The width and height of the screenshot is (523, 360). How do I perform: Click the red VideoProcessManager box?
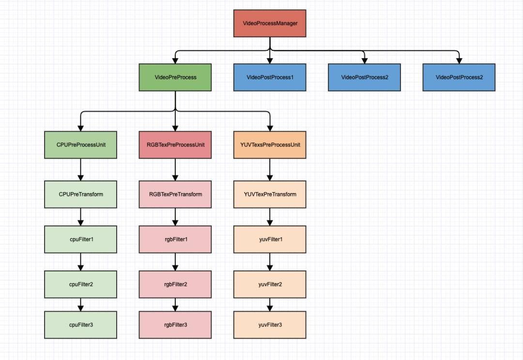270,23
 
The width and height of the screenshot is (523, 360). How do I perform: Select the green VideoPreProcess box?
175,77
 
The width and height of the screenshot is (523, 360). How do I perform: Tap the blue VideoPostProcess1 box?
270,77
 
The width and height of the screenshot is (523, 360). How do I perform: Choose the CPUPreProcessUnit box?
81,145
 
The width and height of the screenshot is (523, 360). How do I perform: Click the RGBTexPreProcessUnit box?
175,145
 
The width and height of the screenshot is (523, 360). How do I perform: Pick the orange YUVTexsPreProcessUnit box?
270,145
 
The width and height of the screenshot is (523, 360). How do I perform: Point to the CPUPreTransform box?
81,195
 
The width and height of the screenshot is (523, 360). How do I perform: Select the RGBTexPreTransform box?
175,195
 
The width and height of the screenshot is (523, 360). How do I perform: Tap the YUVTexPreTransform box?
270,195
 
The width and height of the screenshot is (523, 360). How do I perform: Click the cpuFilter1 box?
81,239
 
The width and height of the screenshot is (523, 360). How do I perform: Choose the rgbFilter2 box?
175,284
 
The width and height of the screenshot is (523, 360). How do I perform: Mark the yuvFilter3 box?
270,325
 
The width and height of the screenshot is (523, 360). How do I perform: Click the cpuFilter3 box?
81,325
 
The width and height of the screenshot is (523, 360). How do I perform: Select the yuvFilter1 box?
270,239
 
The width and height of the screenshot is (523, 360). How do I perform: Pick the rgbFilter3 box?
175,325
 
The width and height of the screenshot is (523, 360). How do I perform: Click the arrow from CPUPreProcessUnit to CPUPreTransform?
81,169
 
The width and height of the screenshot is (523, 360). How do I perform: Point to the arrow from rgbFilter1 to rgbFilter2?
175,262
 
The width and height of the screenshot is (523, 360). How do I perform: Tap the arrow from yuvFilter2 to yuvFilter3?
270,304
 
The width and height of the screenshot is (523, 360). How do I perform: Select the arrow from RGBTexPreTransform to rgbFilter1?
175,217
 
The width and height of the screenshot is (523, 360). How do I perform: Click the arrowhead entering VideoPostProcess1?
270,60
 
